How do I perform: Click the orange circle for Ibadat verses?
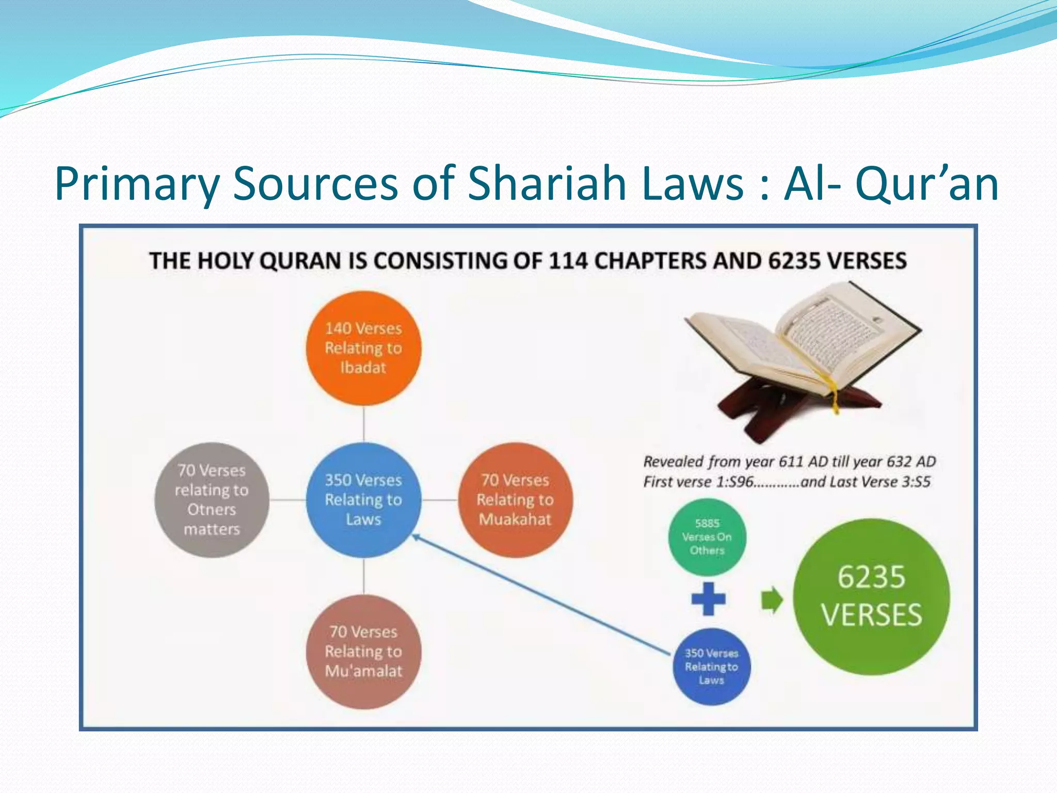tap(363, 348)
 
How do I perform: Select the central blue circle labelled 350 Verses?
tap(363, 500)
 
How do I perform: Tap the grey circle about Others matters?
tap(212, 500)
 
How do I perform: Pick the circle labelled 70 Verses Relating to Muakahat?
tap(515, 500)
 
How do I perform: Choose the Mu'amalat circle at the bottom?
tap(363, 652)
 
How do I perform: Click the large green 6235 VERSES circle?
tap(871, 596)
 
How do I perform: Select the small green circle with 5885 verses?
tap(707, 537)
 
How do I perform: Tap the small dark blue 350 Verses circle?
tap(711, 667)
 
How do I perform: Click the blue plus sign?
tap(708, 599)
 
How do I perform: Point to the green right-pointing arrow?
tap(772, 600)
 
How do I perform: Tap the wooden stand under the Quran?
tap(764, 408)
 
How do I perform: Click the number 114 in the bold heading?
tap(568, 261)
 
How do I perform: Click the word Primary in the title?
tap(137, 183)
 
